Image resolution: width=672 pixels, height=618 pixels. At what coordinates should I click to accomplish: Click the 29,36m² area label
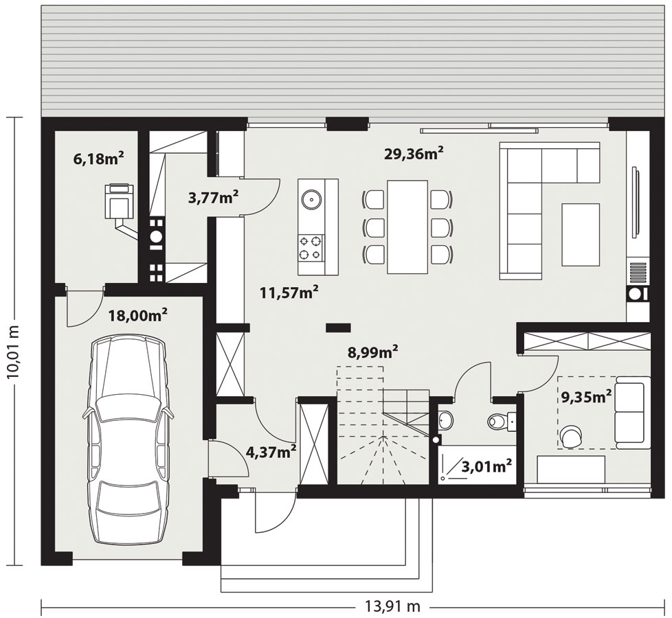(414, 152)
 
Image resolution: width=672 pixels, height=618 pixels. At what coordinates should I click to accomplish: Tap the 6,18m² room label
(99, 159)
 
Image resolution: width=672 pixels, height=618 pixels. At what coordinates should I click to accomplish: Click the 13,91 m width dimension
(392, 606)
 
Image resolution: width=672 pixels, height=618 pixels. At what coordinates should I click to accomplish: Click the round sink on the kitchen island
(311, 198)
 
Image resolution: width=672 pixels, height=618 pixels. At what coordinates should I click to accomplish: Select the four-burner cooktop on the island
(311, 248)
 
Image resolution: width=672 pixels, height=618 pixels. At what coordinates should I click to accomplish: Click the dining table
(407, 227)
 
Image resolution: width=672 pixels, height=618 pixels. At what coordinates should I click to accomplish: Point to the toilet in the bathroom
(502, 421)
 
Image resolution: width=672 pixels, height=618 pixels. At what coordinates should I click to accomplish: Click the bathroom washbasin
(445, 420)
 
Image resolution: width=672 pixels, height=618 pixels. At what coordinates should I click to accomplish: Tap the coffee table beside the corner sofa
(581, 234)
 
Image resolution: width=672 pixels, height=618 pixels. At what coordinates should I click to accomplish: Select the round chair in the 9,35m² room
(571, 436)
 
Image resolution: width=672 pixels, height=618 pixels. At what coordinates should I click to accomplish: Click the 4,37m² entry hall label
(271, 451)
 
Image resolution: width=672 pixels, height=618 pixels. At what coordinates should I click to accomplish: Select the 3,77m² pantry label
(214, 198)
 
